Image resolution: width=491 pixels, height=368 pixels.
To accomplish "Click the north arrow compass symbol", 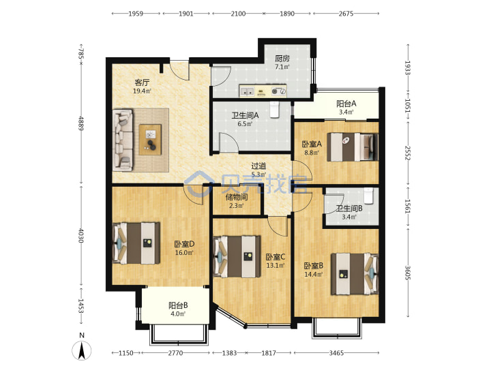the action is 82,350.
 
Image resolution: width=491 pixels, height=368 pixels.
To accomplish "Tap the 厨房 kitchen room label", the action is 282,59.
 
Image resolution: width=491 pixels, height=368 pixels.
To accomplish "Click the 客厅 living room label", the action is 142,82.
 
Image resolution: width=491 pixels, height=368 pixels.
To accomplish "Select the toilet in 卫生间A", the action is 274,110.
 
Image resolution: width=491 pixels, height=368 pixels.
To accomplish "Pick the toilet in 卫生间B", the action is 368,196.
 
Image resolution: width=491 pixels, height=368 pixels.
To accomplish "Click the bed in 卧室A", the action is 353,147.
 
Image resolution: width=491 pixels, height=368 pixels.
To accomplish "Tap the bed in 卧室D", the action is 136,243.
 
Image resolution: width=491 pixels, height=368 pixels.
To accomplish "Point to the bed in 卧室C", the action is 237,257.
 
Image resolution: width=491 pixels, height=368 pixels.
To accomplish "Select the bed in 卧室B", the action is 355,274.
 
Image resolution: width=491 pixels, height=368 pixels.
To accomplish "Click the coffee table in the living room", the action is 150,140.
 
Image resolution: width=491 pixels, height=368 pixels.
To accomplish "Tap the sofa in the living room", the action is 123,140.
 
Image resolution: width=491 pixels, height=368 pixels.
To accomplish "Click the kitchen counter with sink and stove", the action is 263,91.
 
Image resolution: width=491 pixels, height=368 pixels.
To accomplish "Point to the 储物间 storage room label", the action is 237,197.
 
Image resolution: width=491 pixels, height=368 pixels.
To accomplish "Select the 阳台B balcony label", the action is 178,305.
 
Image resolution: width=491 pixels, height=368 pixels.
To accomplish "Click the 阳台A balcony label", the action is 346,104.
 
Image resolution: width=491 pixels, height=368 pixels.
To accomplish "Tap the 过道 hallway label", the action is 258,166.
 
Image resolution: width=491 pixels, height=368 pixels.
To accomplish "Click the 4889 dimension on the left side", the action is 81,123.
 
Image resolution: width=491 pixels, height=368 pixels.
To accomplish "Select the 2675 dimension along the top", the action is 346,14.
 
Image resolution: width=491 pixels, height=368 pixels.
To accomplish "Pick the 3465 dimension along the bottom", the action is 336,353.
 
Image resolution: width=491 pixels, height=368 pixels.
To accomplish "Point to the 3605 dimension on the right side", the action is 407,273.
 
